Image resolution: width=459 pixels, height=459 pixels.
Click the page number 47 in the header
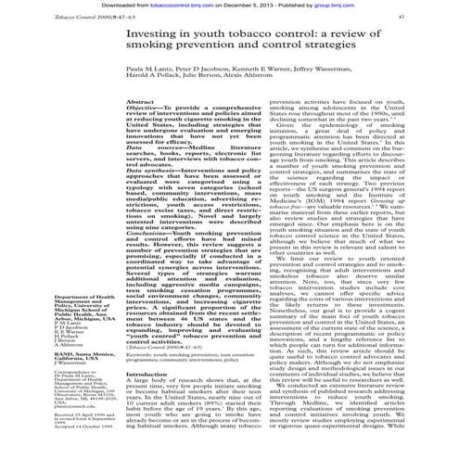[441, 18]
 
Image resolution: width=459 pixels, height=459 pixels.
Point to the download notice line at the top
[229, 5]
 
